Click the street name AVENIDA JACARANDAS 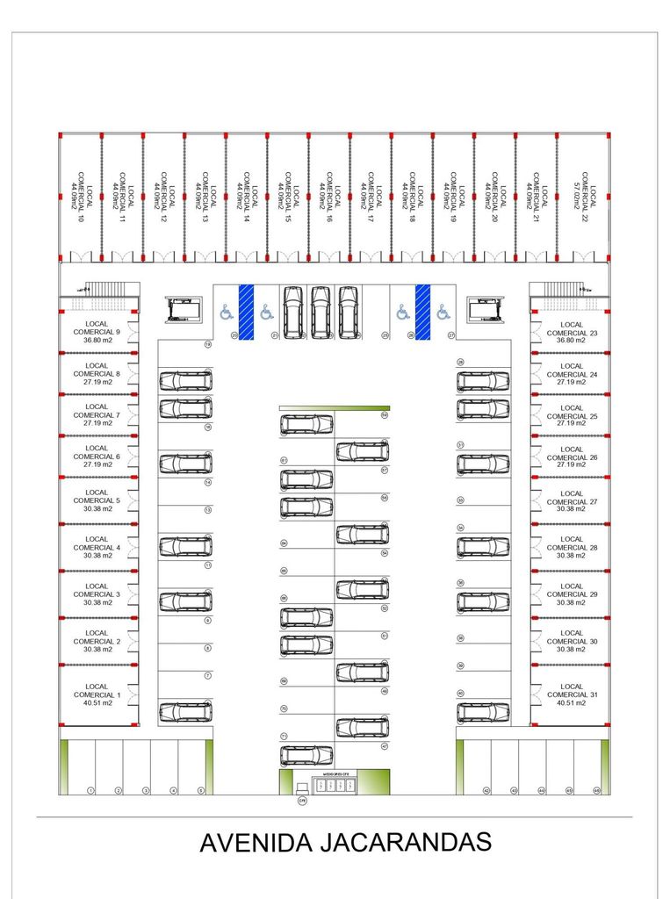click(345, 842)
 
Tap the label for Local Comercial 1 click(97, 694)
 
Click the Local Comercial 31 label click(572, 694)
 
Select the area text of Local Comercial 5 click(97, 509)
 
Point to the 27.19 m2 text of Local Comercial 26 click(572, 465)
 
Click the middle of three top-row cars click(321, 312)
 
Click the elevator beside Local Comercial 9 click(184, 310)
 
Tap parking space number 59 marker click(385, 415)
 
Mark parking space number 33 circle click(460, 500)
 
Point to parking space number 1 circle click(90, 790)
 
